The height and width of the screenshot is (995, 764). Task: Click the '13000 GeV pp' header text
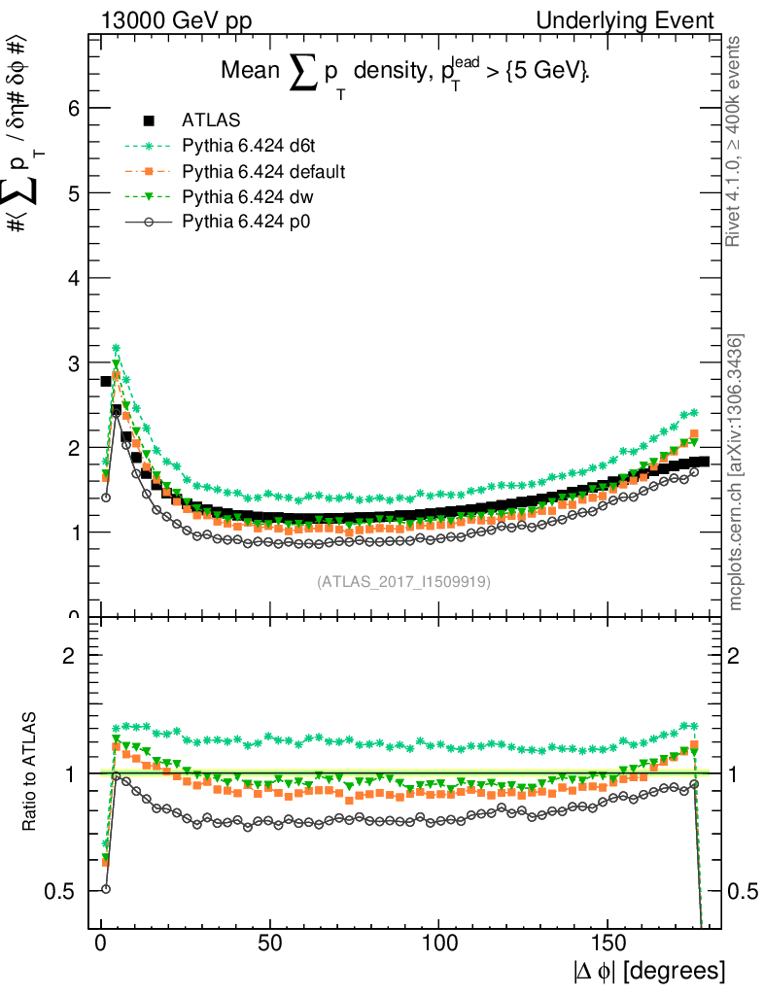175,20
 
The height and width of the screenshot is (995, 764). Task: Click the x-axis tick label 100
439,943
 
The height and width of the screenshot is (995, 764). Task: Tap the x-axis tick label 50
270,943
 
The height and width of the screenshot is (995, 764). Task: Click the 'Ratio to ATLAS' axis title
31,773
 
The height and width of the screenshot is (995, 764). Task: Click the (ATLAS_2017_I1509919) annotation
403,582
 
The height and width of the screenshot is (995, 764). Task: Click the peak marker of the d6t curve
116,348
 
